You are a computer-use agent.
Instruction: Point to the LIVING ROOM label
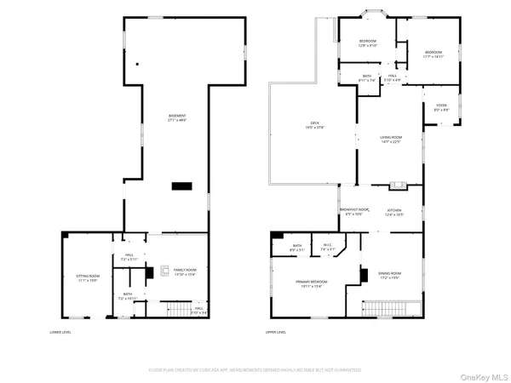click(390, 139)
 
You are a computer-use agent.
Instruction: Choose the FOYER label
click(442, 107)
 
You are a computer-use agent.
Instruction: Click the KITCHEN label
click(394, 212)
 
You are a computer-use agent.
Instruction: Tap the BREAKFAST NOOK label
click(354, 211)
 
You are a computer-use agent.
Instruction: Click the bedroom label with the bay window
click(367, 43)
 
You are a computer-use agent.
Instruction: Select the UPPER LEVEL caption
click(275, 331)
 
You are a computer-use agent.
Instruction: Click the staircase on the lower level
click(176, 307)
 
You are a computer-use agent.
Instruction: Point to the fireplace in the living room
click(396, 185)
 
